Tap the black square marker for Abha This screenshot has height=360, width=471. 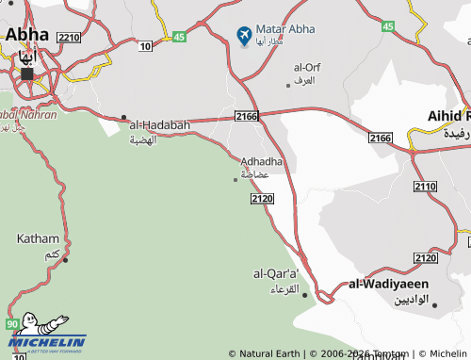[27, 73]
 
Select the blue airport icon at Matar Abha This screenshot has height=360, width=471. [244, 36]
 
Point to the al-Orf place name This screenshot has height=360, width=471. [308, 68]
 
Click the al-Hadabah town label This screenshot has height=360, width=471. [160, 124]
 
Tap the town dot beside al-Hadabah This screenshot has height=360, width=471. [123, 118]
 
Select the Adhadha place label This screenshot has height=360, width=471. [262, 161]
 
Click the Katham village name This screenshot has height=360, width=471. [38, 239]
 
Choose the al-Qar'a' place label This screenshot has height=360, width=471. [276, 273]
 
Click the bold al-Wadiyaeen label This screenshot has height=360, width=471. [389, 283]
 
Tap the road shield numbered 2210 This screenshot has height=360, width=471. [68, 38]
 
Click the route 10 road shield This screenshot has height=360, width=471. [144, 45]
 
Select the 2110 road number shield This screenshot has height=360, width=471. [425, 187]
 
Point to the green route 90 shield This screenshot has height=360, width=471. [12, 324]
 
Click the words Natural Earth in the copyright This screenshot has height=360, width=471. [269, 354]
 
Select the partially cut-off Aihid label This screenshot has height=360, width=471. [448, 116]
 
